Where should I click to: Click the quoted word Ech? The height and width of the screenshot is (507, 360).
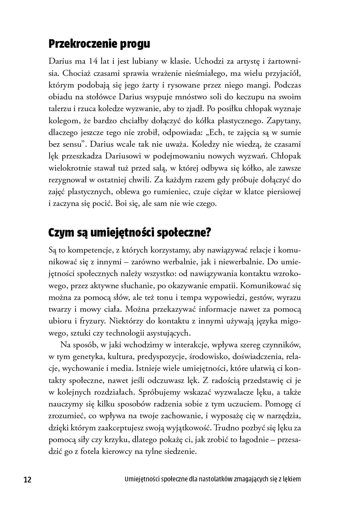click(217, 133)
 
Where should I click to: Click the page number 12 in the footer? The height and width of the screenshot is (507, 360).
click(27, 480)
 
